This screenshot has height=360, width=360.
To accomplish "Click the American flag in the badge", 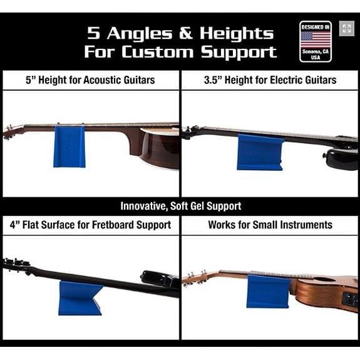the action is [x=316, y=39].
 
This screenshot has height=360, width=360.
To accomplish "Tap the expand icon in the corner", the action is [x=346, y=28].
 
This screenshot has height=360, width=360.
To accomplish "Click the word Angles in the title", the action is [x=140, y=33].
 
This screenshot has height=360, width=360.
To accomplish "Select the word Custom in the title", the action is [x=157, y=52].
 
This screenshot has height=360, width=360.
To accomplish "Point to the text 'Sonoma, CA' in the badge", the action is [x=315, y=51].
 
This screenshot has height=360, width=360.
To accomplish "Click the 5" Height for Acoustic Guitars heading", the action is [x=90, y=80].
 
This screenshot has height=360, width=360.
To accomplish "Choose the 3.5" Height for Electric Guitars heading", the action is [x=270, y=80].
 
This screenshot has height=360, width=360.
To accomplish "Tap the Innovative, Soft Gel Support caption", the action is [x=181, y=206].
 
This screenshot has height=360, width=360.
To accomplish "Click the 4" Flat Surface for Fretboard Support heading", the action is [x=90, y=225].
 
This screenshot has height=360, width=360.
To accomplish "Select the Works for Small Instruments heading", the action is [x=270, y=225].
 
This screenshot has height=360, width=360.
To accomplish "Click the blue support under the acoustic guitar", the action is [x=69, y=147].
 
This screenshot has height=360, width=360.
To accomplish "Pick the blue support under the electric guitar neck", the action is [x=260, y=152].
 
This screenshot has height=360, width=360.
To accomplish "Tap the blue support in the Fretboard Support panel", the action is [x=79, y=298].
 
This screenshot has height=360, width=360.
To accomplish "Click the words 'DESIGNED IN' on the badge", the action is [x=316, y=28].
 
